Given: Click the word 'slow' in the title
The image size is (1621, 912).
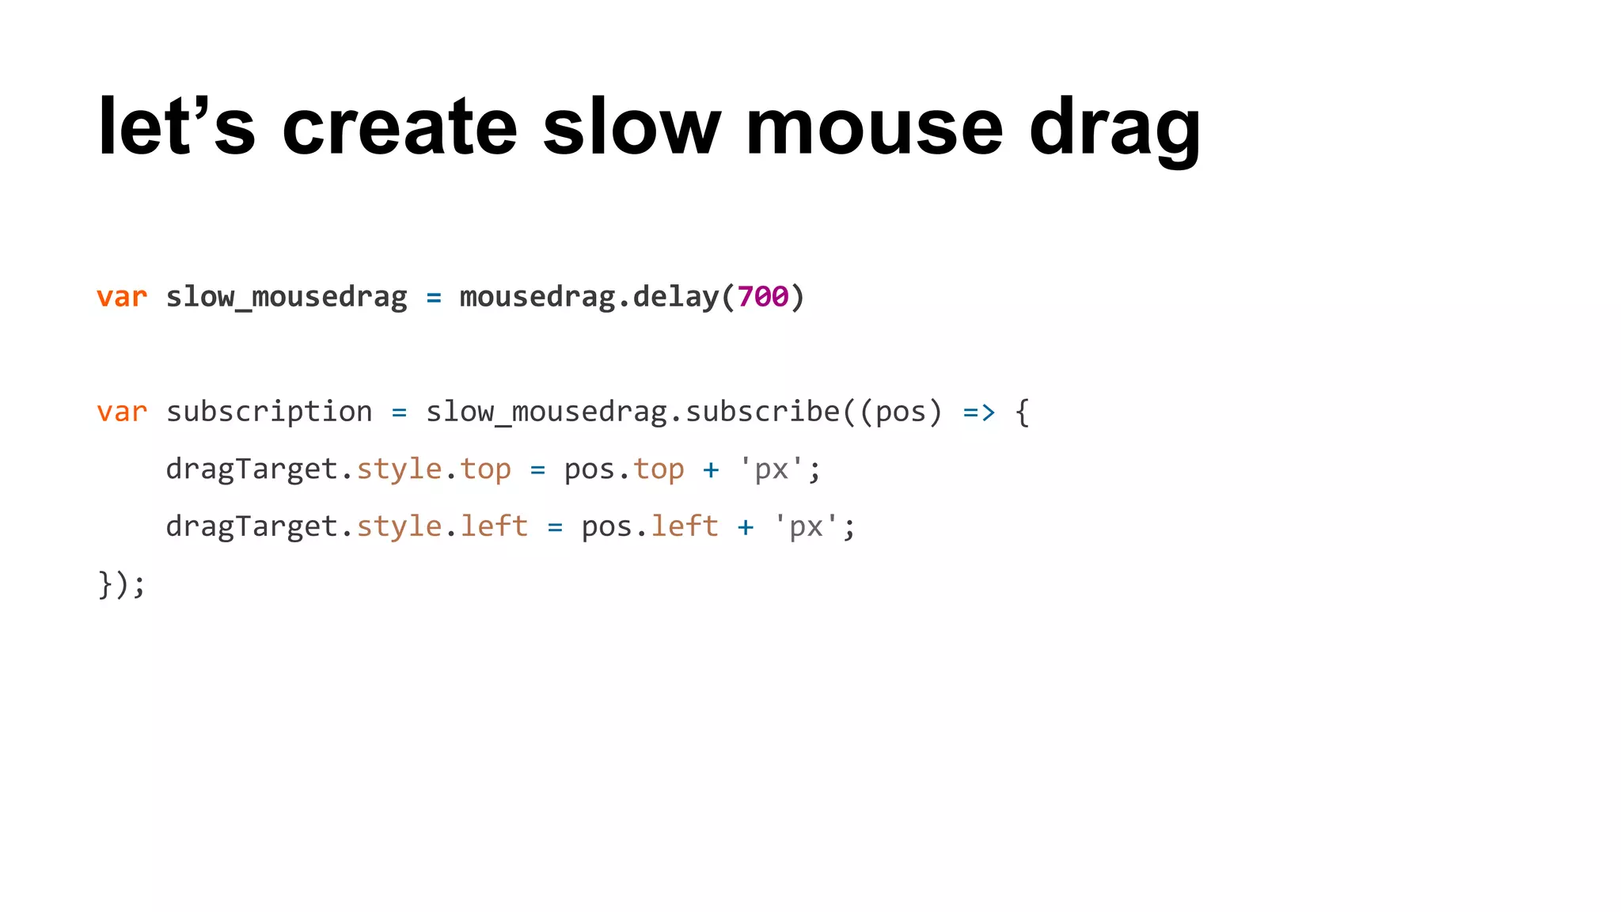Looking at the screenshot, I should coord(632,127).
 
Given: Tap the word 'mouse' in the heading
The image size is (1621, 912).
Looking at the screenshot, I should coord(875,127).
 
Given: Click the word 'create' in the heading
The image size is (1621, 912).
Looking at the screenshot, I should coord(400,127).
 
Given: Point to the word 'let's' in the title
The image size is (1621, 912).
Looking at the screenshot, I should coord(177,127).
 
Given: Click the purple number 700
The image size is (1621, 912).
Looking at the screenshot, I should coord(763,297).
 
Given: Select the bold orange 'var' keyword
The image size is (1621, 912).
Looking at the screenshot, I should coord(122,297).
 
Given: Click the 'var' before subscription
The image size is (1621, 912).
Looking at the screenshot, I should coord(122,412).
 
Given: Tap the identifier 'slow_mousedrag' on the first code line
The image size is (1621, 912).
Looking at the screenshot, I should coord(287,297).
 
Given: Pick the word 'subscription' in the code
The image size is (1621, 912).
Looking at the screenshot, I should coord(269,412).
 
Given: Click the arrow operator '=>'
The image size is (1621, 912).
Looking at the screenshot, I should coord(979,412).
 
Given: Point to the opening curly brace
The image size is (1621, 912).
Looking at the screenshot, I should coord(1023,412).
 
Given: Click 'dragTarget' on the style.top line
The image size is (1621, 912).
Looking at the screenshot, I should coord(252,469).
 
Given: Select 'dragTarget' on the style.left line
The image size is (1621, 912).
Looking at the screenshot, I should coord(252,526).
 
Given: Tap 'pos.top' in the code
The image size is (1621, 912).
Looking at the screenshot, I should coord(624,469).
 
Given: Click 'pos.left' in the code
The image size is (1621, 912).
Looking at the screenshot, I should coord(650,526).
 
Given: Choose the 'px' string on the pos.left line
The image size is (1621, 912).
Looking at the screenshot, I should coord(807,527).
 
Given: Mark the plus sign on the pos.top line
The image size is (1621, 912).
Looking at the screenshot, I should coord(711,469).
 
